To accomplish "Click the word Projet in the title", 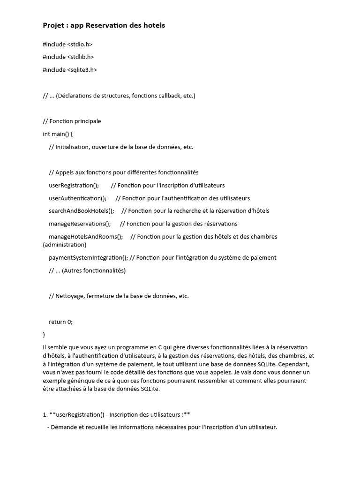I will tap(53, 25).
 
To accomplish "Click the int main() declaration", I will tap(58, 134).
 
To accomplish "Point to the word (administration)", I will tap(64, 245).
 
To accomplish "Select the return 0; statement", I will tap(61, 322).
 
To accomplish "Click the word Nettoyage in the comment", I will tap(70, 296).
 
